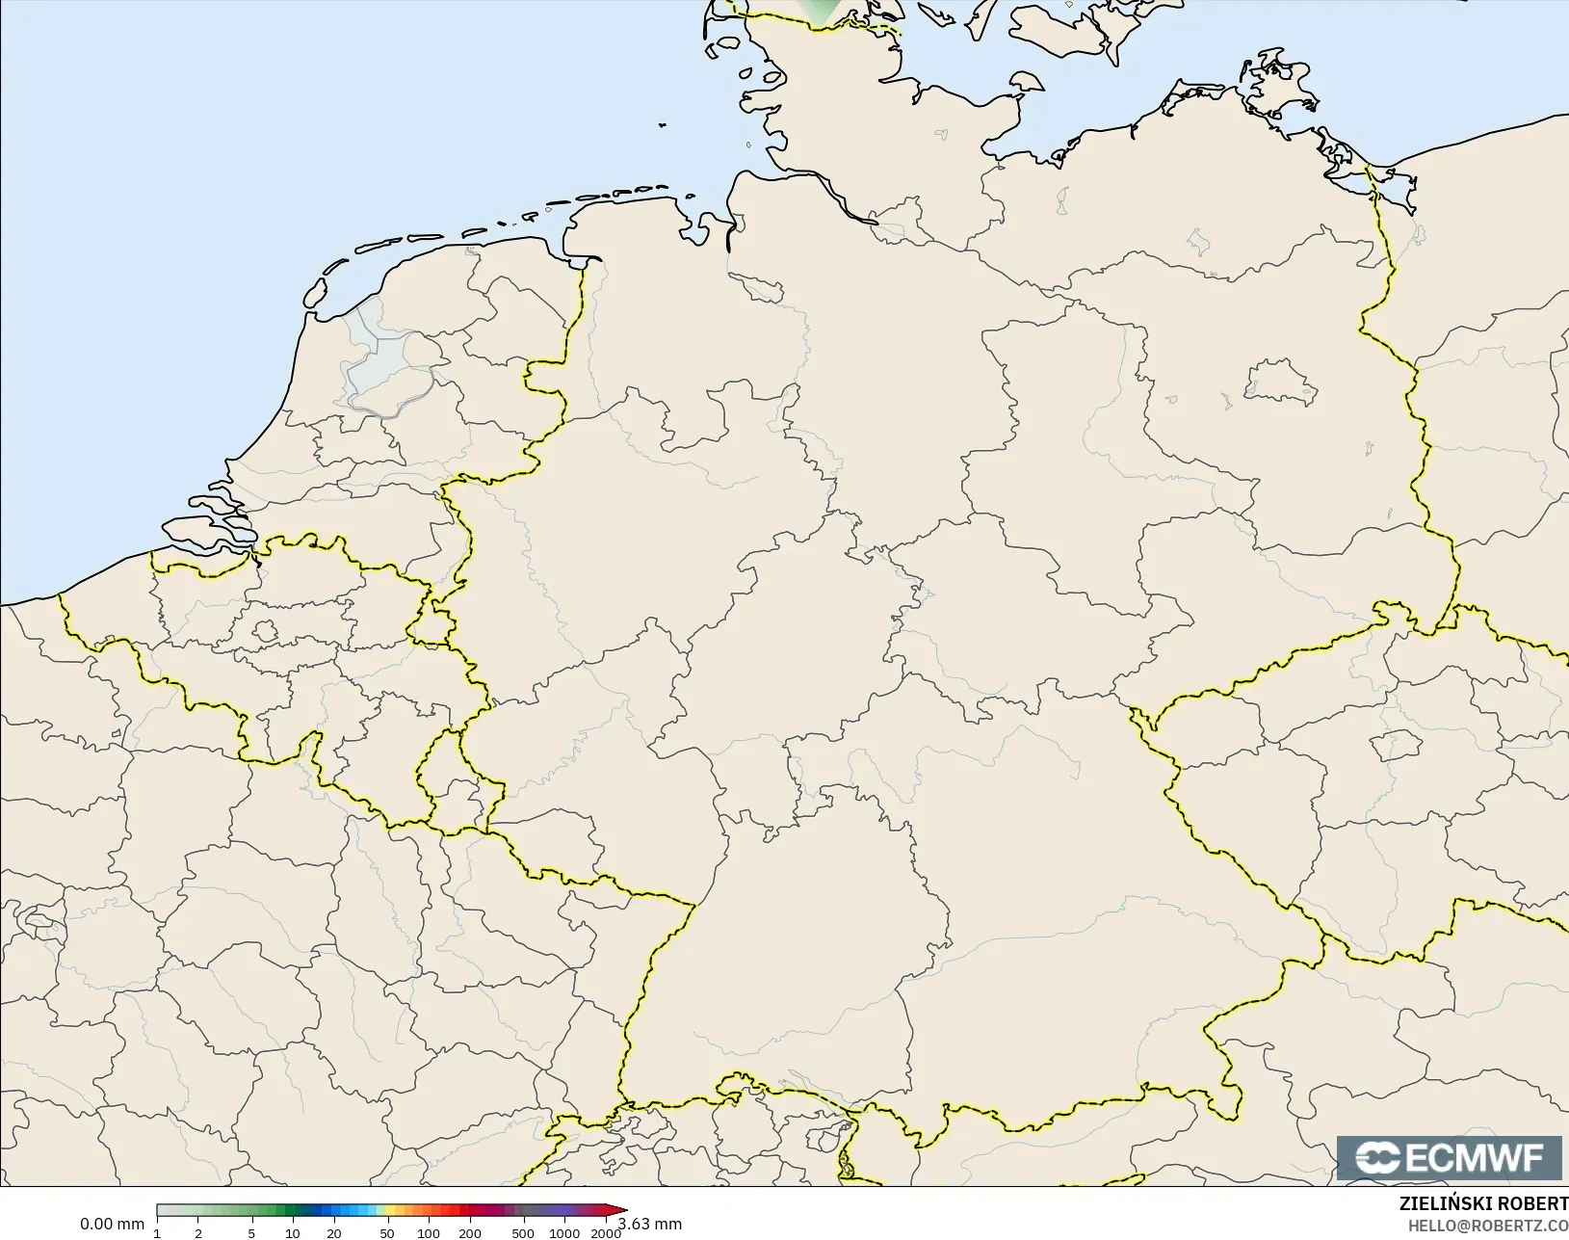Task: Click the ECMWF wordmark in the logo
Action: (1475, 1158)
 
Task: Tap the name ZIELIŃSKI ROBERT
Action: (1483, 1203)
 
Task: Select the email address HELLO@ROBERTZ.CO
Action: (1488, 1226)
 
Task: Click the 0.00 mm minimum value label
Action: (112, 1224)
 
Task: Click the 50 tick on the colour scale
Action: (386, 1233)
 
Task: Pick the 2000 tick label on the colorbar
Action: (605, 1233)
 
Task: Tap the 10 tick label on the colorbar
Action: (292, 1233)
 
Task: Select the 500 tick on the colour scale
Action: (522, 1233)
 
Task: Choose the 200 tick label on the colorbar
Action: (470, 1233)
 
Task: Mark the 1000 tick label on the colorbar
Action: (564, 1233)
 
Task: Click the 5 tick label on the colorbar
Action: (251, 1233)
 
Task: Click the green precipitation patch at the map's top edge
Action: (821, 10)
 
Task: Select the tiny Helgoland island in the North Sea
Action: (663, 124)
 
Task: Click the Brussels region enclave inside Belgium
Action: (266, 632)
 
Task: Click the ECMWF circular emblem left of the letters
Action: (1376, 1158)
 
